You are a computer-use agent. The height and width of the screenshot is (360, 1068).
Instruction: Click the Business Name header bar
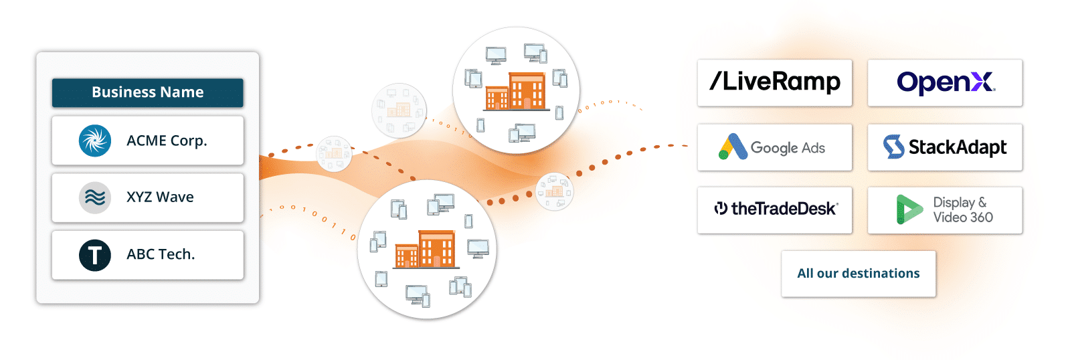point(148,92)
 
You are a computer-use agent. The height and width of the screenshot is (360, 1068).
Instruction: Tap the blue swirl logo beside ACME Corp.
point(95,141)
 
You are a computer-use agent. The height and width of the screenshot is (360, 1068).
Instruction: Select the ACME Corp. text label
point(167,141)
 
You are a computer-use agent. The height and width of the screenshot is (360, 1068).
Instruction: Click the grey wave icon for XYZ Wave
point(95,197)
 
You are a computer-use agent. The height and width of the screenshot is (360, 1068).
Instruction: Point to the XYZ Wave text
point(160,197)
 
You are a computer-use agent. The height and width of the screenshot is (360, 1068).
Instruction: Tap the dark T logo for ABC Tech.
point(95,255)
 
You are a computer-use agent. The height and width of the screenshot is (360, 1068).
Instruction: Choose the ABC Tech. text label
point(161,254)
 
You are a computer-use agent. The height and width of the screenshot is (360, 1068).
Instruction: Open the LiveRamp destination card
point(774,82)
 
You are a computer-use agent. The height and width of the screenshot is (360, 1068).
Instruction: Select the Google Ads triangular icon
point(733,147)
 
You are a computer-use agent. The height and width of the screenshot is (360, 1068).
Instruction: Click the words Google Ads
point(788,149)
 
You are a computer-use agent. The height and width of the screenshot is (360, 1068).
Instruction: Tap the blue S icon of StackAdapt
point(893,147)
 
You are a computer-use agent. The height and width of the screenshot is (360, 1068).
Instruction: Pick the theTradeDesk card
point(774,210)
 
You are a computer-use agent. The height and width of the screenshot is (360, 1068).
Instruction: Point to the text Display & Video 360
point(963,210)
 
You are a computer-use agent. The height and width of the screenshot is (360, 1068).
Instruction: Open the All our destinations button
point(858,274)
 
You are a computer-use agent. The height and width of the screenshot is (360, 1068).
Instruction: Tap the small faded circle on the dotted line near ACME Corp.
point(334,153)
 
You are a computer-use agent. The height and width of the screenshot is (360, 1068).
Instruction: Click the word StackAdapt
point(958,147)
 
